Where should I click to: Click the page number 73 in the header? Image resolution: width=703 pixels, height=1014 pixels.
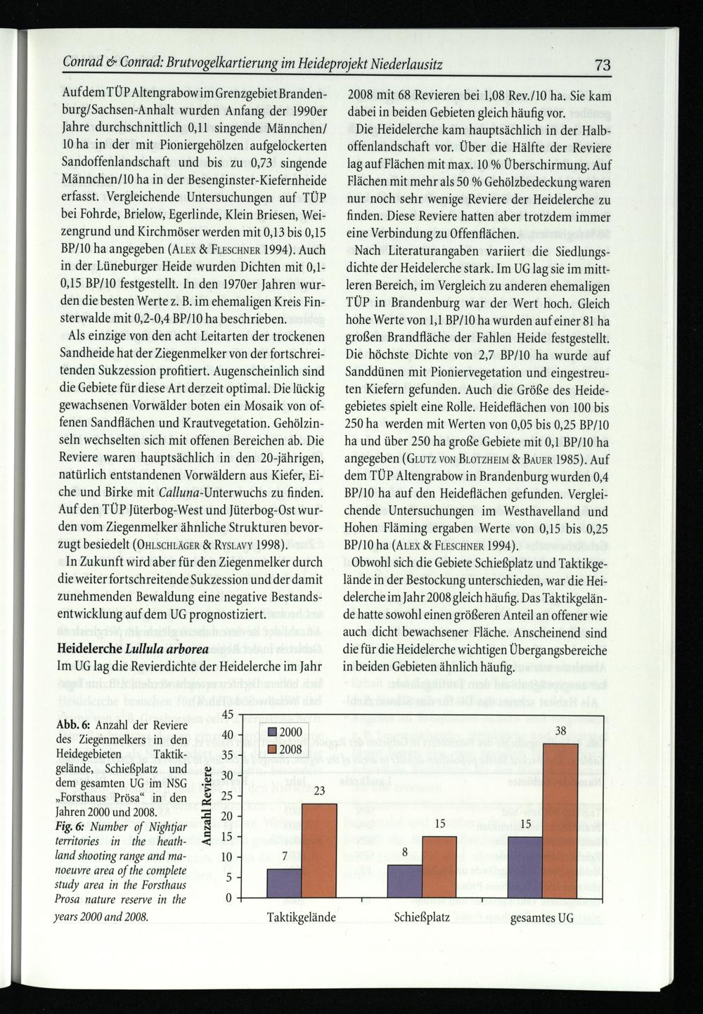[x=603, y=65]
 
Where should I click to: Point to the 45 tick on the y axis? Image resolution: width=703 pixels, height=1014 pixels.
[x=227, y=715]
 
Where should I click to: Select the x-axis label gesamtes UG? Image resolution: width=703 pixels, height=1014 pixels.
[x=542, y=918]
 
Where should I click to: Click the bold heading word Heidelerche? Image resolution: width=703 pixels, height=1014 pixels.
[x=89, y=646]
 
